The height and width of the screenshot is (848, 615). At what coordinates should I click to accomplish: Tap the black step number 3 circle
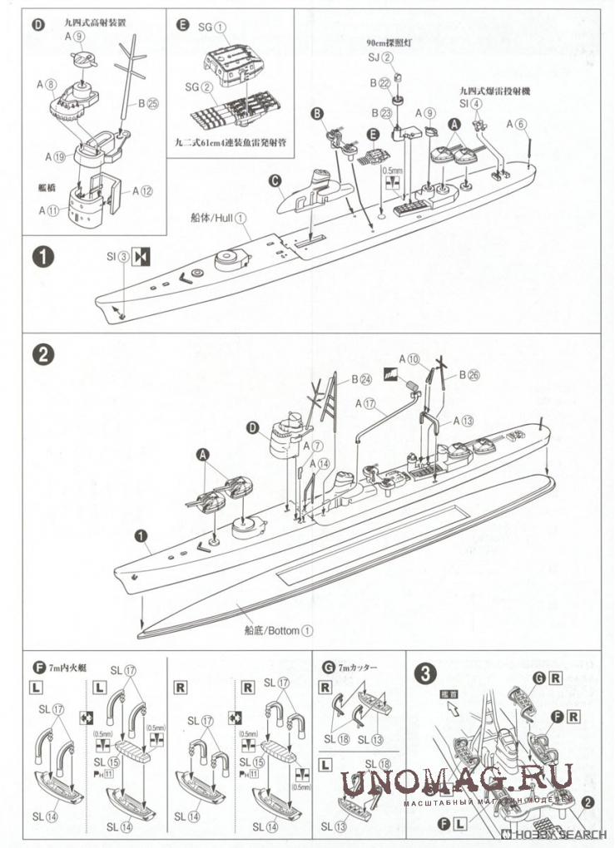point(425,673)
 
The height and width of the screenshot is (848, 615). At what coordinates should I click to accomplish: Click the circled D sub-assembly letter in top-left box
point(37,23)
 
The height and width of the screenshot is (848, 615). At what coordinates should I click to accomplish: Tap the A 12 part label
point(141,190)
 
